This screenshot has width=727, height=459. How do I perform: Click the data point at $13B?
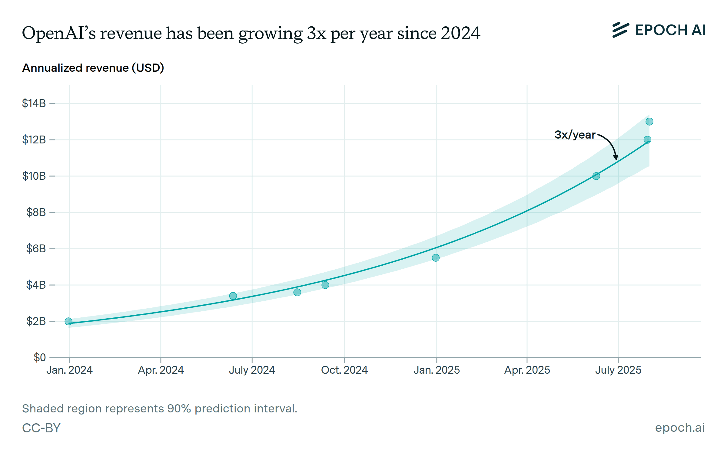tap(649, 122)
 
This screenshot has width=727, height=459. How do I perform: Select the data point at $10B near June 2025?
tap(596, 176)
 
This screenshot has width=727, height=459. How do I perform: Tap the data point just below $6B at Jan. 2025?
tap(436, 258)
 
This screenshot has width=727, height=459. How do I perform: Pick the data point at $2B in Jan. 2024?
tap(68, 321)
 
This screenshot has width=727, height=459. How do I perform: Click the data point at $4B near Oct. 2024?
tap(325, 285)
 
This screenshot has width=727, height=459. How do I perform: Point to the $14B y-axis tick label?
tap(34, 103)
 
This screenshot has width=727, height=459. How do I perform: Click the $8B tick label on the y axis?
tap(36, 212)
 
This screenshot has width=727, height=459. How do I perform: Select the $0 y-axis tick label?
tap(40, 358)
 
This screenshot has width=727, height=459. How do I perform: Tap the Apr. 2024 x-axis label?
tap(161, 370)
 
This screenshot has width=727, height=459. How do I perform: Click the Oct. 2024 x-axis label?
tap(344, 370)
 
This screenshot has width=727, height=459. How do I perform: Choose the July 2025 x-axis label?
tap(618, 370)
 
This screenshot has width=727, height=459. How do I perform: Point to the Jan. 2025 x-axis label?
tap(437, 370)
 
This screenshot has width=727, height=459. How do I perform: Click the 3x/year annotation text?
tap(575, 135)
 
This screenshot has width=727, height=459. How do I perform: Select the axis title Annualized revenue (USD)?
tap(93, 68)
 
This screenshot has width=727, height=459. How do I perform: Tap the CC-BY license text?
tap(41, 428)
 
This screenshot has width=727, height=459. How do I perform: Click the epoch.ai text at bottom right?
tap(680, 428)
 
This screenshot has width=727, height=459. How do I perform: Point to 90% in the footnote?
tap(179, 408)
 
